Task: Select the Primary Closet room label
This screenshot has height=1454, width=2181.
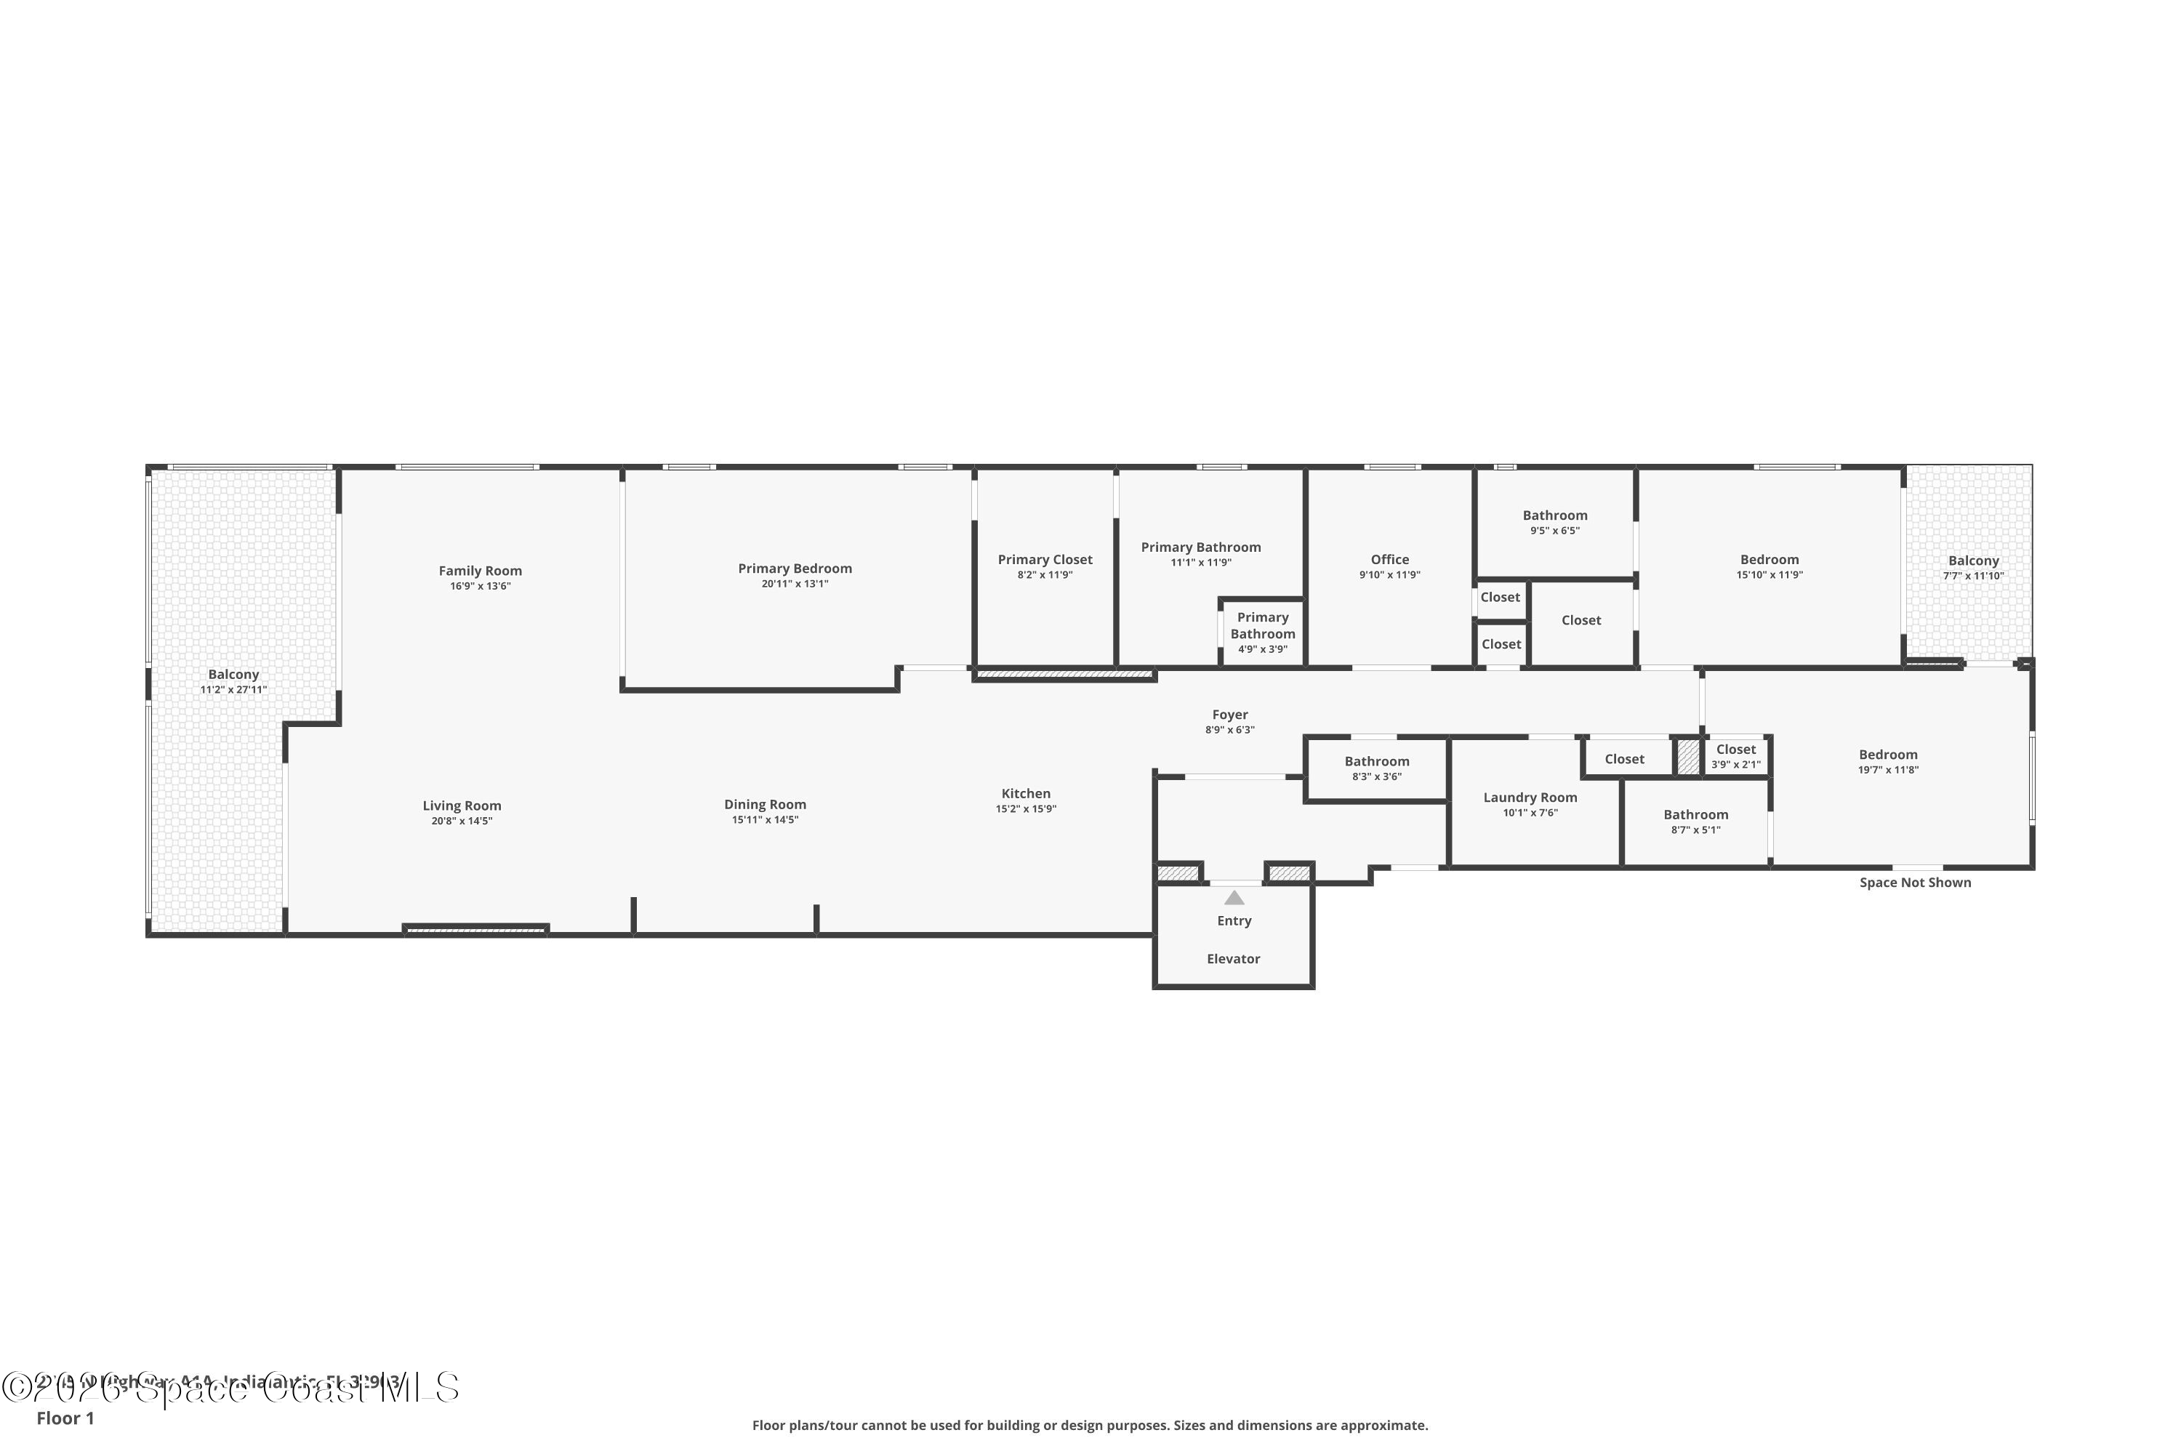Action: [1045, 559]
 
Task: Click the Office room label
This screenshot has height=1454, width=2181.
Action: [1389, 559]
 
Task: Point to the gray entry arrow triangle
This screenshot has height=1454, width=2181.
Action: [1233, 898]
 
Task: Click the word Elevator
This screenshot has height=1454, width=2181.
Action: [1232, 959]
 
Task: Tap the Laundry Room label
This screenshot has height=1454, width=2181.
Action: [1529, 798]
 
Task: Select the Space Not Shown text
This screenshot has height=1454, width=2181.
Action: [1914, 883]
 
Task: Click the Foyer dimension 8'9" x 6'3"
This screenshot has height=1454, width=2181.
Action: [1229, 730]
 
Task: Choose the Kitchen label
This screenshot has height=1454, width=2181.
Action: [1026, 794]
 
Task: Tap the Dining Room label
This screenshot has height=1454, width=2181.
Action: [765, 805]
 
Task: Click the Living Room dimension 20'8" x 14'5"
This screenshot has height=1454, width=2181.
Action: [461, 822]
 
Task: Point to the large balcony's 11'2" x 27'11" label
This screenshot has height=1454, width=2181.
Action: [233, 690]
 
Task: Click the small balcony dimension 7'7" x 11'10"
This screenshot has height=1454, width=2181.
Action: [1973, 576]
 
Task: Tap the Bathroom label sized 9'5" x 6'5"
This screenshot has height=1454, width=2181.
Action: [1554, 515]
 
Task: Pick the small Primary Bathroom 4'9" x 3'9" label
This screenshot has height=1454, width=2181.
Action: [1262, 649]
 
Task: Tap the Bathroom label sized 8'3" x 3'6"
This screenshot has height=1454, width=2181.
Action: [1376, 761]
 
